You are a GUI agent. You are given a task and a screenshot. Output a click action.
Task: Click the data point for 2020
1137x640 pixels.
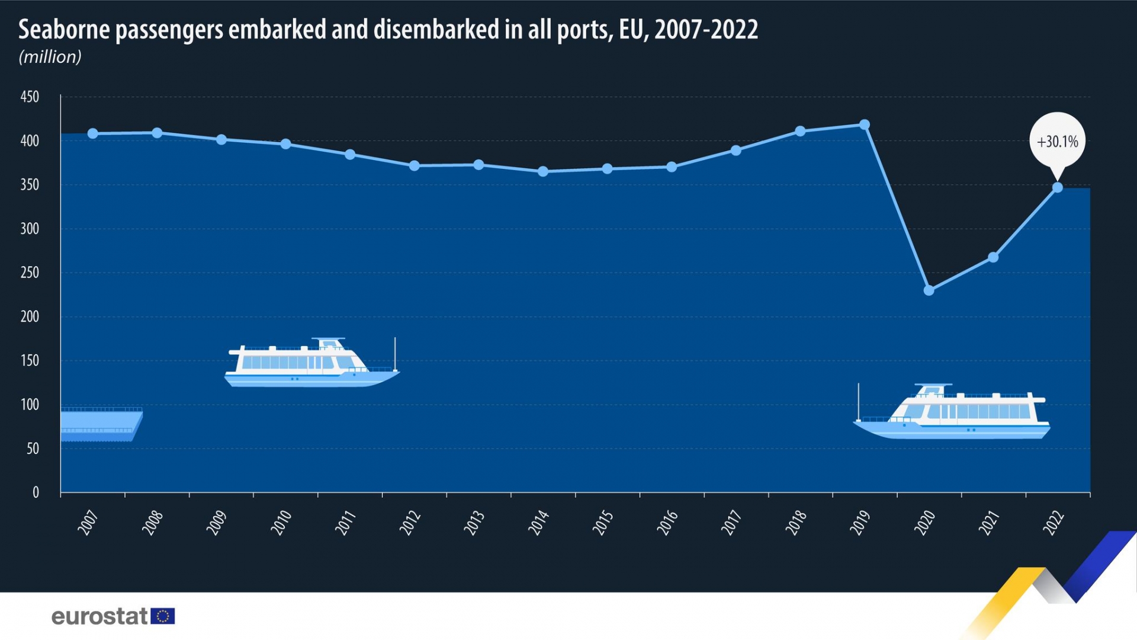click(929, 290)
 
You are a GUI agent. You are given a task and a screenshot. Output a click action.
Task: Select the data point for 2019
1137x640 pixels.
click(864, 125)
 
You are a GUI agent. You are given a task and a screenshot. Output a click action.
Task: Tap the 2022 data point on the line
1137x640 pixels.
click(1057, 188)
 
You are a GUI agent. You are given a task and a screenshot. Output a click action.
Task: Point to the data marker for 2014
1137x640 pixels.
click(542, 172)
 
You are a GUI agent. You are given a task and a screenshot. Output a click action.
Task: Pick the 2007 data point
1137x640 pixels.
click(93, 134)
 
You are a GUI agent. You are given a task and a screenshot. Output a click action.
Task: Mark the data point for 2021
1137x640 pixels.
click(993, 258)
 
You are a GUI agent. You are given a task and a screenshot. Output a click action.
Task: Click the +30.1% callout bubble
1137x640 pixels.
click(1057, 142)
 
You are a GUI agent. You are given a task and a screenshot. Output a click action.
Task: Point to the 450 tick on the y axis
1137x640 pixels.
click(30, 97)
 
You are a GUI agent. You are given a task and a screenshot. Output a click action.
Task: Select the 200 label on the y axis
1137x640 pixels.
click(30, 316)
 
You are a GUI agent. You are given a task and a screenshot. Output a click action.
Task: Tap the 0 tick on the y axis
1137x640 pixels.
click(36, 492)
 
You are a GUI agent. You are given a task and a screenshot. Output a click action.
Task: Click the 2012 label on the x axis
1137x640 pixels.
click(410, 523)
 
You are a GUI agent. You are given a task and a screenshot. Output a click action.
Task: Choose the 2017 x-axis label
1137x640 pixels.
click(731, 523)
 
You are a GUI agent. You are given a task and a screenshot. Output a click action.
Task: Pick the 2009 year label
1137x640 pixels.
click(217, 523)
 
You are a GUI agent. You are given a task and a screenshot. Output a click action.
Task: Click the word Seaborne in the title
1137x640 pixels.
click(64, 30)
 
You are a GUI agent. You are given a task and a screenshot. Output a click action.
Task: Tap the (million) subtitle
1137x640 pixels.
click(50, 57)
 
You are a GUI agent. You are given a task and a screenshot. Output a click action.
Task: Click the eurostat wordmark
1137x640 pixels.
click(99, 616)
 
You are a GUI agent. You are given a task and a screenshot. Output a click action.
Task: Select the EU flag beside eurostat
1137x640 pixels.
click(163, 616)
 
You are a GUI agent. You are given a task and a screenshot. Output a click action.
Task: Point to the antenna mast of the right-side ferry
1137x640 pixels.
click(859, 402)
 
